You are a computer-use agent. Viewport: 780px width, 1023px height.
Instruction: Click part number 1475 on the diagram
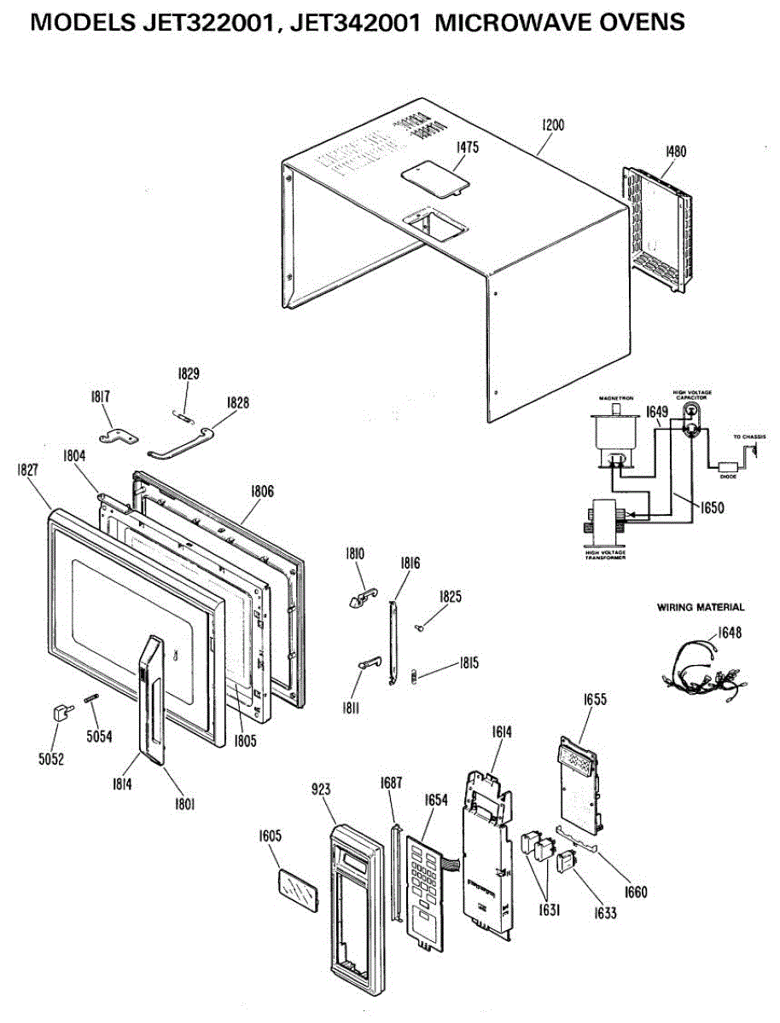point(467,147)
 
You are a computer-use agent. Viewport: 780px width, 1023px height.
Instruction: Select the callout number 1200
point(553,124)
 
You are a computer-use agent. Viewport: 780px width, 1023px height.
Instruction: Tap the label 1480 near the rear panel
point(675,152)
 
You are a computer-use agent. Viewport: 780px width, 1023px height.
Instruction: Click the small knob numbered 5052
point(60,712)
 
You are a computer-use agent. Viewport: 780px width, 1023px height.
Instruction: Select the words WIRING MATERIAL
point(701,608)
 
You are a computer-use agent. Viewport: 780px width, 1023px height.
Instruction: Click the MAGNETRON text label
point(614,398)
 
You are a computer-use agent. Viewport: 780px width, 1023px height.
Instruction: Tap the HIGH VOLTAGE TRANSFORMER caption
point(604,556)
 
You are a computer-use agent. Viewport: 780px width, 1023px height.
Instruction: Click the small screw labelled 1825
point(422,628)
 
